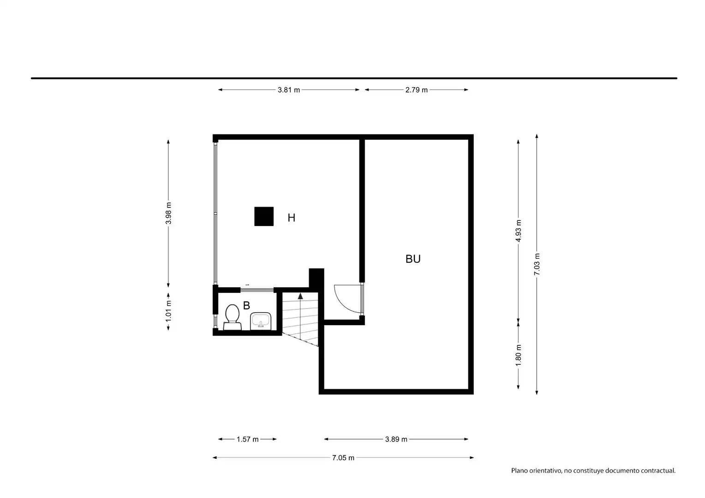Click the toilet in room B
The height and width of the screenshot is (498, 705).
(x=232, y=317)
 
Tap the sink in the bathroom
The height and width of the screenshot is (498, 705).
(x=261, y=321)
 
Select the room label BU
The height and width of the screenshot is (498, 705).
(x=413, y=259)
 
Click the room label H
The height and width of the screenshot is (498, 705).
(x=292, y=218)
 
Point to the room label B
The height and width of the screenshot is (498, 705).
(x=246, y=305)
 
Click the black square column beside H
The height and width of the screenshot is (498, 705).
(x=264, y=216)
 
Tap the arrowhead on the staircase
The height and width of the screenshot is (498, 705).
(x=300, y=296)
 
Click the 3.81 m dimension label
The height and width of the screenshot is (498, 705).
(x=289, y=90)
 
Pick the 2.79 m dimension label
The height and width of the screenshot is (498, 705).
(x=416, y=90)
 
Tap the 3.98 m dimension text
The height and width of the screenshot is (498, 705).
(x=168, y=213)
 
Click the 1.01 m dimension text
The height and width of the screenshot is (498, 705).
(x=168, y=311)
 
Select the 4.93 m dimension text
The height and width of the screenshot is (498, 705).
(x=518, y=231)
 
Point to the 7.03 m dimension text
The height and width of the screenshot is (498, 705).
(x=537, y=264)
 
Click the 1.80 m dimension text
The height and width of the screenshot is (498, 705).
(x=518, y=356)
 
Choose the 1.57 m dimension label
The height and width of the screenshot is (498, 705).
(x=248, y=439)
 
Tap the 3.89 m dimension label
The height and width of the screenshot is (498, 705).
(x=396, y=439)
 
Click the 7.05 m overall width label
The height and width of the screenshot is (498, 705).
(x=343, y=458)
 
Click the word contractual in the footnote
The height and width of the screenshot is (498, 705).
(x=658, y=471)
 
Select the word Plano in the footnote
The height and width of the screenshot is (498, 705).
(x=520, y=471)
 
